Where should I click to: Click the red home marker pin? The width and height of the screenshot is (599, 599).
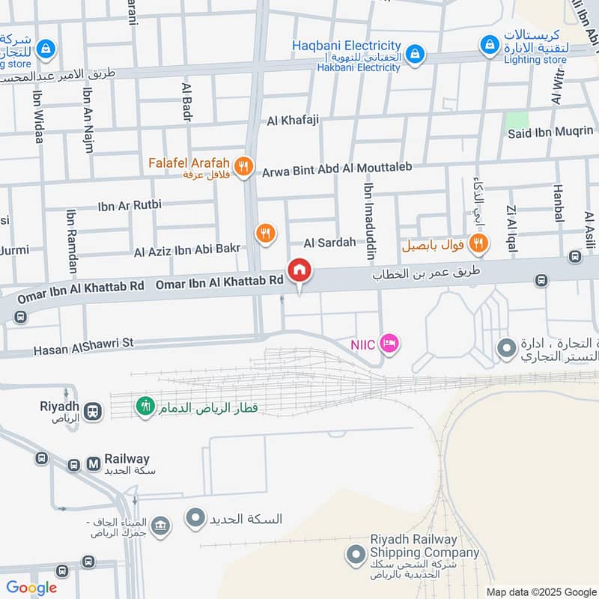click(x=299, y=270)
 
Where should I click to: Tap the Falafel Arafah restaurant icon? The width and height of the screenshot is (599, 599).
click(x=243, y=167)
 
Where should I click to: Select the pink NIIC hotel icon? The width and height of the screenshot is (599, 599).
click(x=389, y=344)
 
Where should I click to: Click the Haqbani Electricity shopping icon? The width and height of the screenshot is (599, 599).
click(x=416, y=53)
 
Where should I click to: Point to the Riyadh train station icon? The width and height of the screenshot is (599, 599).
click(x=93, y=411)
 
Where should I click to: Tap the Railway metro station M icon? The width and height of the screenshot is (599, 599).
click(x=94, y=464)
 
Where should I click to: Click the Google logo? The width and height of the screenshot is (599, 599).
click(x=31, y=588)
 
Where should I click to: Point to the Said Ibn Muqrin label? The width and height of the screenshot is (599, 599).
click(x=550, y=133)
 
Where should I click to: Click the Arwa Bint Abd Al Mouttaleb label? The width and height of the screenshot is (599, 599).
click(x=338, y=171)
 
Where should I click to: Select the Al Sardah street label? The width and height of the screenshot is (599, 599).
click(x=329, y=243)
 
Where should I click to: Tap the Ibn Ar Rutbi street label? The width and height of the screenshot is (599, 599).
click(x=130, y=204)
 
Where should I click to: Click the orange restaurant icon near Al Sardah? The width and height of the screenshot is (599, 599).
click(x=265, y=234)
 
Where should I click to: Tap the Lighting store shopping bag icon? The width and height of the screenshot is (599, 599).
click(x=490, y=44)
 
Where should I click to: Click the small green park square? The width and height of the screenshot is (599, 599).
click(x=517, y=119)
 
